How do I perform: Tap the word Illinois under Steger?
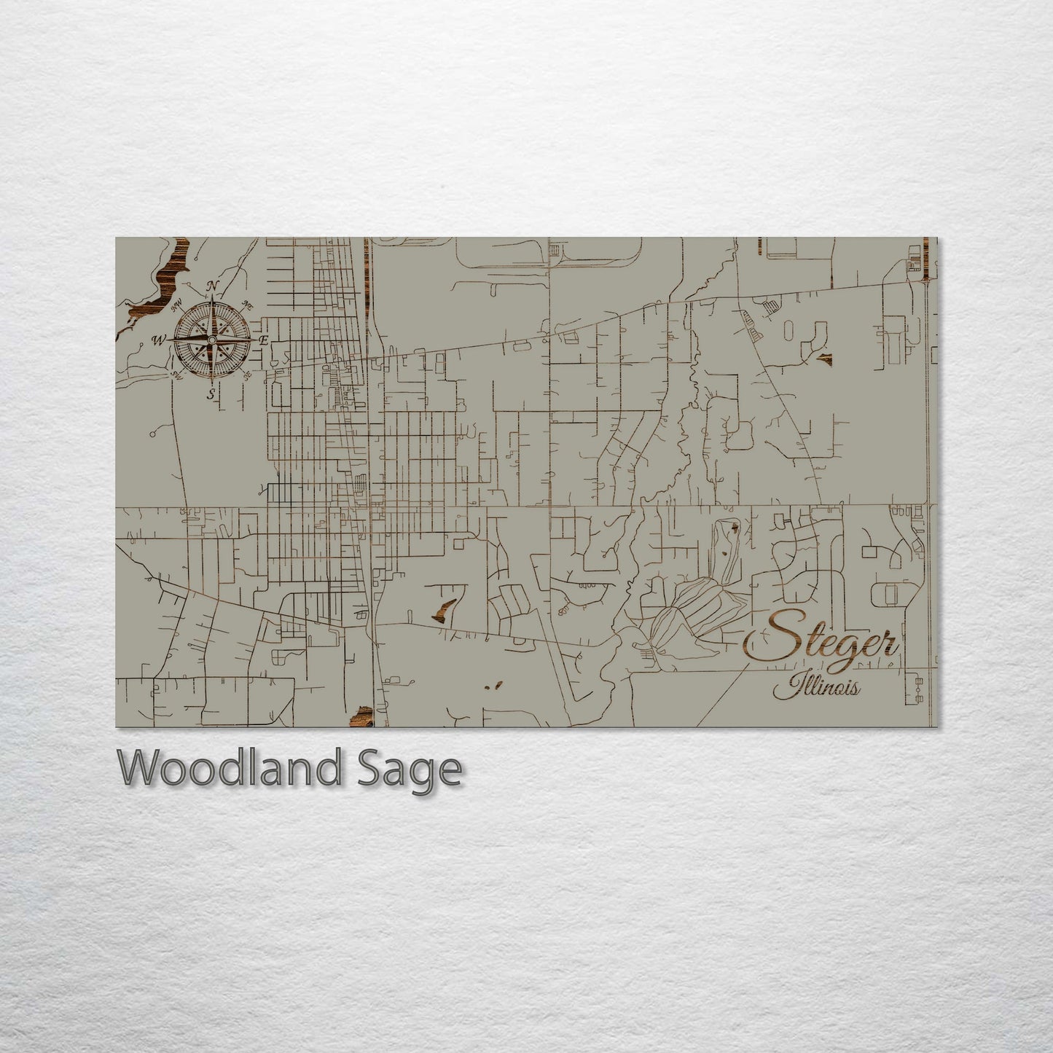(x=816, y=686)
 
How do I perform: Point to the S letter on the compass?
(x=211, y=394)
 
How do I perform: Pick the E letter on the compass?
(x=265, y=340)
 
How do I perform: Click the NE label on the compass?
(x=248, y=305)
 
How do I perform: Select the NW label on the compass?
(x=176, y=306)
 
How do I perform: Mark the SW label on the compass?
(x=176, y=375)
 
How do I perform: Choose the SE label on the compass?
(x=248, y=375)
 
